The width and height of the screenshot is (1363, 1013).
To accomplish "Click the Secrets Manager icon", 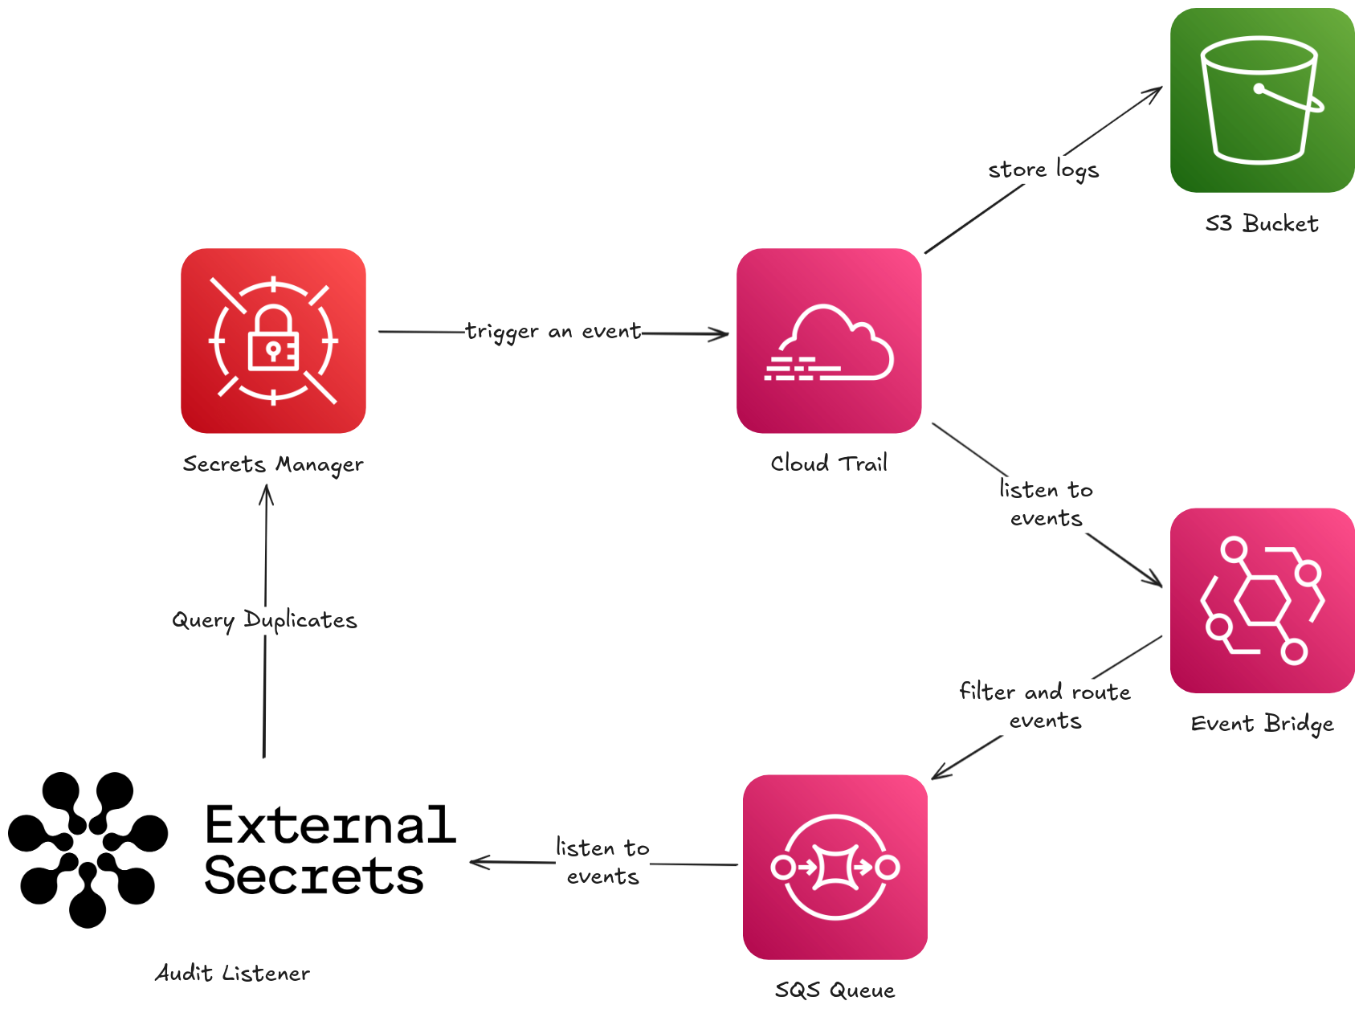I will click(273, 341).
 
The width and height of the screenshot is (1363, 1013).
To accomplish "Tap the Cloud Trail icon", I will click(829, 341).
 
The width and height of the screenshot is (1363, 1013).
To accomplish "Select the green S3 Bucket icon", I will click(1262, 100).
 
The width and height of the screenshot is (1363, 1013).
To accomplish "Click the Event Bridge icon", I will click(1262, 600).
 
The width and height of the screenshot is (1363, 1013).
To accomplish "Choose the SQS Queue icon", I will click(835, 867).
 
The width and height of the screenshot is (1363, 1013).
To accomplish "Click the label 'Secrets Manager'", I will click(273, 464).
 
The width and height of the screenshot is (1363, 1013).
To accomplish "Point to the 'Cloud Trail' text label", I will click(829, 464).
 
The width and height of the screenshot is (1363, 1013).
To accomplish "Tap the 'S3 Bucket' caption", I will click(1262, 223).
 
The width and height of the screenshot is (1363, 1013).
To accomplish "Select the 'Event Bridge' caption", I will click(1262, 724).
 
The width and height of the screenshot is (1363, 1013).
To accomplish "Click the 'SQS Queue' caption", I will click(835, 990).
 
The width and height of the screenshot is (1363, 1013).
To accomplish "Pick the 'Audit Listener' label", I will click(232, 974).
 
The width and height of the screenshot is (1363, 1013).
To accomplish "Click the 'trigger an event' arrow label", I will click(553, 332).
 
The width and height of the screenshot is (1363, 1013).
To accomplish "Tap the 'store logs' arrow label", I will click(1043, 170).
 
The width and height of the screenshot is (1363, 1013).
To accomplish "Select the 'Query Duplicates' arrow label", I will click(264, 620).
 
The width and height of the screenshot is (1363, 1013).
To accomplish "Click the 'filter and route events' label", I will click(1045, 705).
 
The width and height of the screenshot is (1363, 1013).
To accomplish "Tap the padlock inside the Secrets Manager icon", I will click(273, 340).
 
